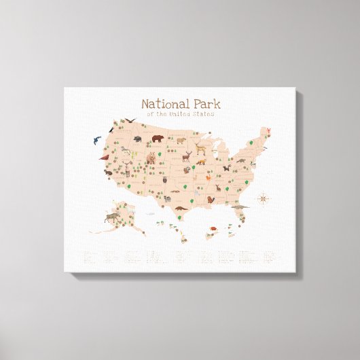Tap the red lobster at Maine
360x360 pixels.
pos(270,130)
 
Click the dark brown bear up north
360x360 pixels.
pos(158,140)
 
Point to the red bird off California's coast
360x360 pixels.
pos(104,158)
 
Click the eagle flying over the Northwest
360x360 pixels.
pos(129,120)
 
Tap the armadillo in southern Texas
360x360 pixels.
pos(178,209)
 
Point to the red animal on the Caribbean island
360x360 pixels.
pos(212,228)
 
